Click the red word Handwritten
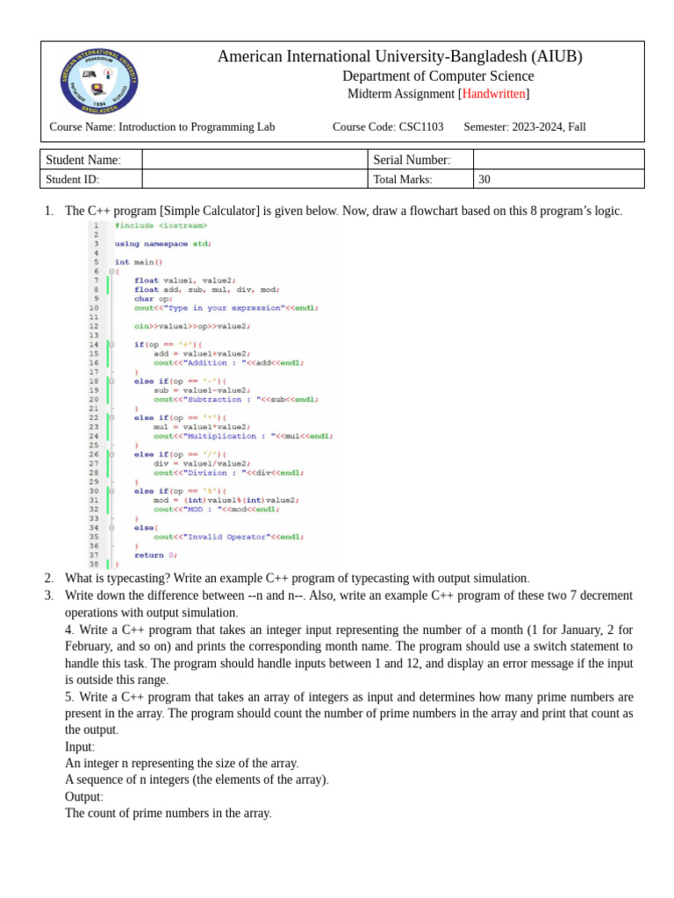[493, 94]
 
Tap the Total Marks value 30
[484, 180]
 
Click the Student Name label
[83, 160]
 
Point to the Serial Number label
[412, 160]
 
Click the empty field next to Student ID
[254, 180]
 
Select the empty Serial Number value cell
[557, 160]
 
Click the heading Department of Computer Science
[438, 76]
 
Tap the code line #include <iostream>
[161, 225]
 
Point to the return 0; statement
[155, 554]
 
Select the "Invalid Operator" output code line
[229, 537]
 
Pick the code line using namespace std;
[162, 244]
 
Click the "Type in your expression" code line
[226, 308]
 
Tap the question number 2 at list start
[49, 578]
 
